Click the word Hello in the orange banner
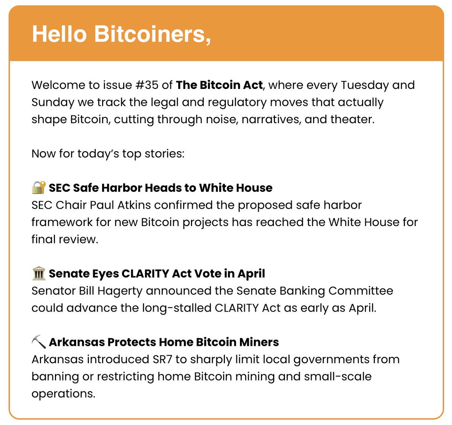point(59,34)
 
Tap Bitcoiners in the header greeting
point(152,34)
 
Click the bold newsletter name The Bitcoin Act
point(219,85)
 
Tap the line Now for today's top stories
point(108,154)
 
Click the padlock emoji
point(38,187)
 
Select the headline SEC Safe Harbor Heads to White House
point(160,188)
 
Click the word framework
point(61,222)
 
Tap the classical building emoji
point(38,273)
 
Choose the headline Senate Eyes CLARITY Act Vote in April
point(157,274)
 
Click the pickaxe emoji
point(38,342)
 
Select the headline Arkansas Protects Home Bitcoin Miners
point(164,342)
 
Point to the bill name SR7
point(162,359)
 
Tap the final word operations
point(63,393)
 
